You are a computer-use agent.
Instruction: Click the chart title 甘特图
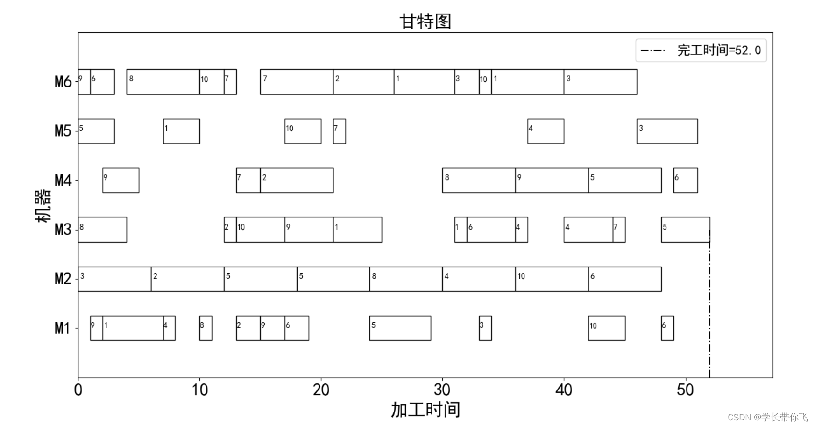pos(425,22)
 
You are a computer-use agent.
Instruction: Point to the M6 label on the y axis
pos(63,82)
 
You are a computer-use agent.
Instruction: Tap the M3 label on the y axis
pos(63,230)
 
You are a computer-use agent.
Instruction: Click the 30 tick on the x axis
pos(442,390)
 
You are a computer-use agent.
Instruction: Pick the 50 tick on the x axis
pos(685,390)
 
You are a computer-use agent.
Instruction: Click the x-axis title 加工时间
pos(425,410)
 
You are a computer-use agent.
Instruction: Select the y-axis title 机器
pos(43,206)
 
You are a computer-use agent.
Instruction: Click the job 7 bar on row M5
pos(340,131)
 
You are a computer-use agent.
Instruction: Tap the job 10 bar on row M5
pos(303,131)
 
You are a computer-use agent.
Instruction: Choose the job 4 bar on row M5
pos(546,131)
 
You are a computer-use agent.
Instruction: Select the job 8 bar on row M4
pos(479,181)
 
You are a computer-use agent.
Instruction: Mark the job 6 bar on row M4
pos(685,181)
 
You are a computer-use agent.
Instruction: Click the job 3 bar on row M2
pos(114,279)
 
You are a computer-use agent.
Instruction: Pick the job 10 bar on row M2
pos(552,279)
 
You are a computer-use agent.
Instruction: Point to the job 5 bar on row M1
pos(400,328)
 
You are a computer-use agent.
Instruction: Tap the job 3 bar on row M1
pos(485,328)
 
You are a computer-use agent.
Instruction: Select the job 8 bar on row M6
pos(163,82)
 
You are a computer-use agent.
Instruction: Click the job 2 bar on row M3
pos(230,230)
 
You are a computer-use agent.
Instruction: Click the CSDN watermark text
pos(767,417)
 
